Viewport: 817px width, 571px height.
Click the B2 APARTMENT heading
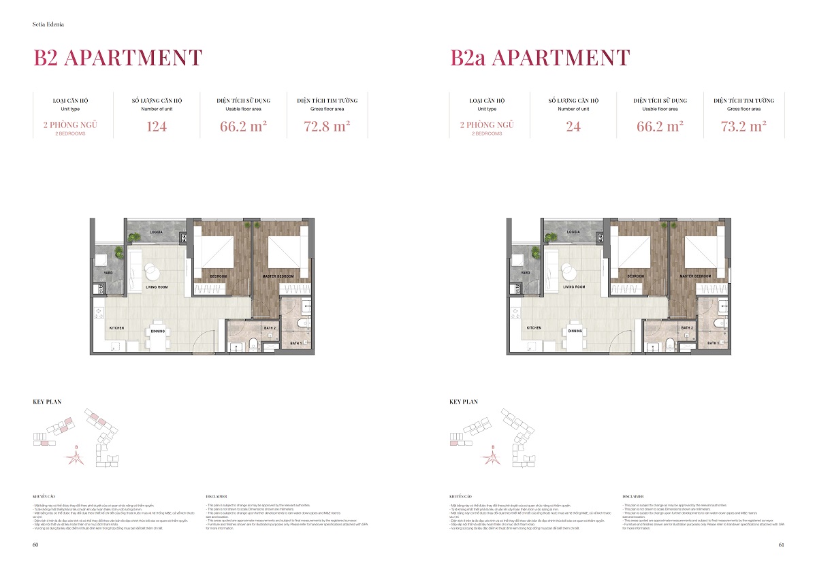coord(118,59)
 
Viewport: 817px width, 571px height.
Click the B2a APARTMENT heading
coord(540,59)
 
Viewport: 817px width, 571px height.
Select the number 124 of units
coord(157,127)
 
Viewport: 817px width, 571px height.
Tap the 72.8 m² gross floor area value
coord(327,127)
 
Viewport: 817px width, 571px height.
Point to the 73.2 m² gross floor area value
coord(744,127)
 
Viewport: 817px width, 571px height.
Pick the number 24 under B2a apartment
coord(573,127)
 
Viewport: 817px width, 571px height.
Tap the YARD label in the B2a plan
coord(525,272)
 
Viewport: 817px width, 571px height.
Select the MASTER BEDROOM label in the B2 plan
coord(278,276)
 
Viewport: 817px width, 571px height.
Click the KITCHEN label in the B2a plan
coord(534,328)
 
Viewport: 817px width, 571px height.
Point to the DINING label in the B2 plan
coord(158,331)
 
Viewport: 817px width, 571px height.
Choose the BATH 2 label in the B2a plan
coord(686,328)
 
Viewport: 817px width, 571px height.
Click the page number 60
coord(35,544)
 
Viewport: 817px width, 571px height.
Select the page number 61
coord(782,544)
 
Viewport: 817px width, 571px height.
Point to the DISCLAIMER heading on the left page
coord(216,497)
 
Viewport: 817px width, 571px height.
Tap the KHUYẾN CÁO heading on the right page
coord(460,497)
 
